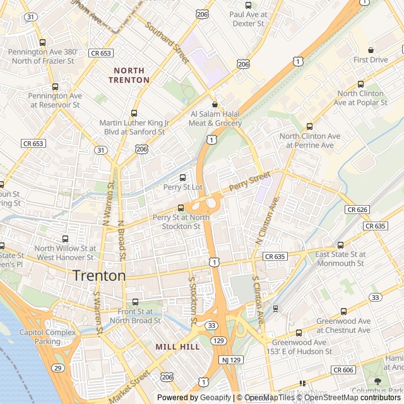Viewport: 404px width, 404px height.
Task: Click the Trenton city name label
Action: tap(99, 275)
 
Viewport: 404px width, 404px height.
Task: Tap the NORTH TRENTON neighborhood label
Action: tap(129, 75)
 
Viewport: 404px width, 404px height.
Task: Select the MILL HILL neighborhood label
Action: tap(177, 347)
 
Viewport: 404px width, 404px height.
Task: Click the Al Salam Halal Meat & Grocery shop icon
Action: tap(215, 105)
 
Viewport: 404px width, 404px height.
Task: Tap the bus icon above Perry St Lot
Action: tap(183, 177)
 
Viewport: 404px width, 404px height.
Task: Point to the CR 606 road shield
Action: tap(343, 370)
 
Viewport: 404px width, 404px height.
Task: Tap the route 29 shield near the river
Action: tap(58, 368)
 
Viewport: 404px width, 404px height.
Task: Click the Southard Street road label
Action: tap(167, 43)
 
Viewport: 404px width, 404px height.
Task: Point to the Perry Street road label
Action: tap(249, 181)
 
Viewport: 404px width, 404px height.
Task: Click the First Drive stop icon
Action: tap(371, 50)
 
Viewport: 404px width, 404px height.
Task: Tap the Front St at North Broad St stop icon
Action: tap(135, 302)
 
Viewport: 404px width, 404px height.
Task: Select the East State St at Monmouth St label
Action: tap(340, 258)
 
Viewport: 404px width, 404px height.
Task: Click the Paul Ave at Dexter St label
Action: tap(247, 18)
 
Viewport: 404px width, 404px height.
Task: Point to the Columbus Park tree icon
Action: tap(378, 381)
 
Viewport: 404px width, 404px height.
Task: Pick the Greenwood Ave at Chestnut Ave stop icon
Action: tap(343, 311)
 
